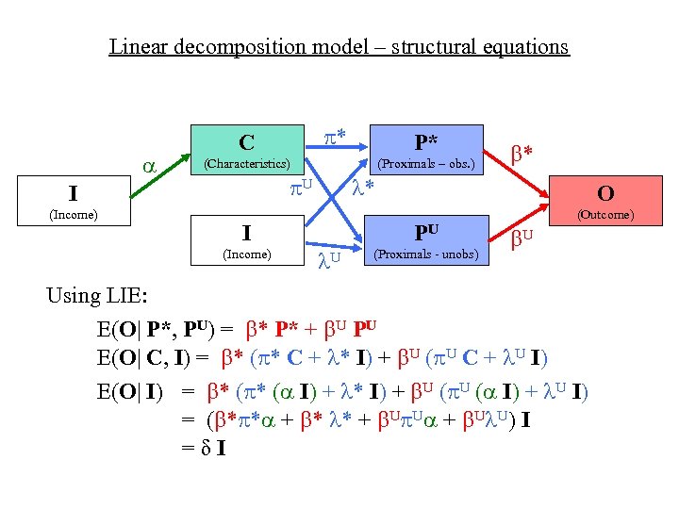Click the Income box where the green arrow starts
[x=73, y=202]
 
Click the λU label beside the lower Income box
[x=327, y=255]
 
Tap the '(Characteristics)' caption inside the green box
[x=246, y=163]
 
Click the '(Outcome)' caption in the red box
[x=605, y=215]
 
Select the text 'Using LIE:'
[x=96, y=296]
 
